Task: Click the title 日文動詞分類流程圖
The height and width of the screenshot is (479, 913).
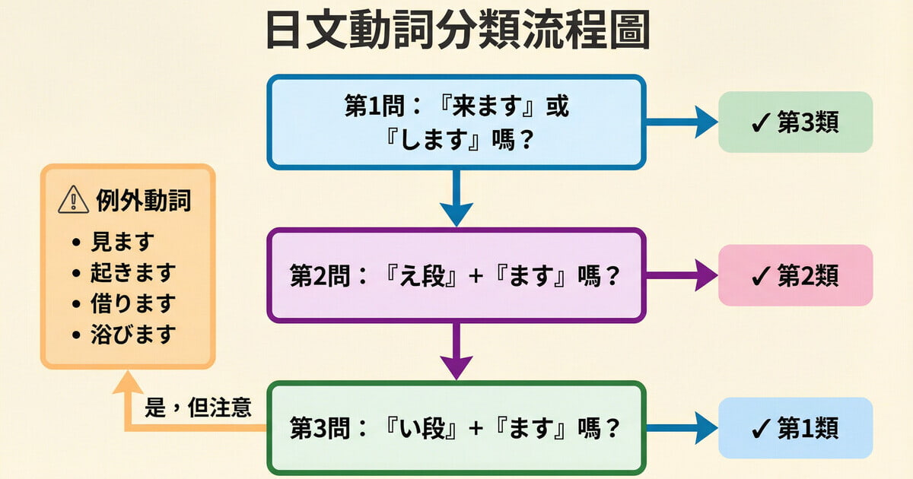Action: coord(456,32)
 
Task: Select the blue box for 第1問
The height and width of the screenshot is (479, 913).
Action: coord(456,122)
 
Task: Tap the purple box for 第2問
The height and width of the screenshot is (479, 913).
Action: coord(456,275)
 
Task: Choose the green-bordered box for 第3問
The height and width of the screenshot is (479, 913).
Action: coord(456,428)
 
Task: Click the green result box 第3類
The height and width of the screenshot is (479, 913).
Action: coord(795,122)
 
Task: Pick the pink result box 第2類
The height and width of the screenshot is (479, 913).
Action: coord(795,275)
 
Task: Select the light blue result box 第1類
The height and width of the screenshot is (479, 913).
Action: coord(795,428)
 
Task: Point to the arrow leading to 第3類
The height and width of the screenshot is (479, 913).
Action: coord(682,122)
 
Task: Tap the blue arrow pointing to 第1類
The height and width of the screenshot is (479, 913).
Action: coord(682,428)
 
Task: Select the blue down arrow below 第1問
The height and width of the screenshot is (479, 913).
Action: coord(456,198)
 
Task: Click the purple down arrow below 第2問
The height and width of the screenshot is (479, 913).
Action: coord(456,351)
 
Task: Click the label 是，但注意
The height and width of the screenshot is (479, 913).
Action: coord(198,408)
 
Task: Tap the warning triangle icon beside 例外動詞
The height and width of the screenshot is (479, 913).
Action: coord(73,201)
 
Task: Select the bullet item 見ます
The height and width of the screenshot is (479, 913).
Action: coord(122,242)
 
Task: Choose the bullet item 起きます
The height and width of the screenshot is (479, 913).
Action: coord(133,272)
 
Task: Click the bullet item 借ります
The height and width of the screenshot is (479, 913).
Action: coord(133,303)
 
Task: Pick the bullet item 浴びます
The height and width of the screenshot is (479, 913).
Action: coord(133,333)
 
